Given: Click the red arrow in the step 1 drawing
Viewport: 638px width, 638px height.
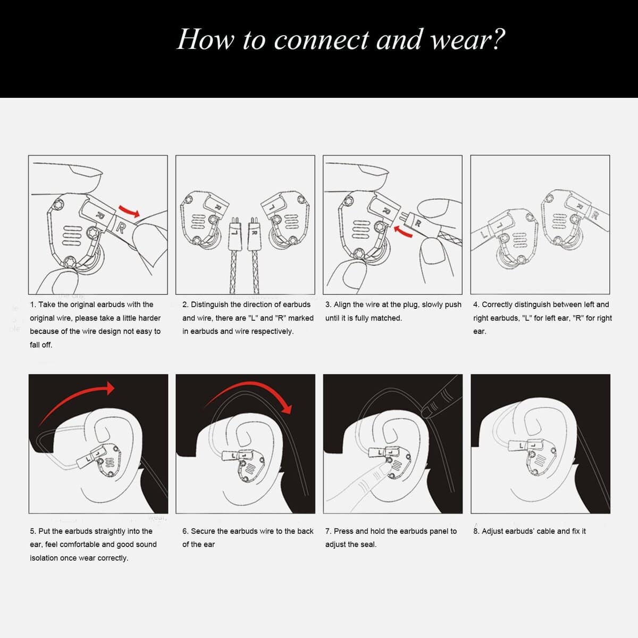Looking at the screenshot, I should tap(129, 211).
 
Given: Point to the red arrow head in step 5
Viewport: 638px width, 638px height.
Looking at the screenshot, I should tap(110, 388).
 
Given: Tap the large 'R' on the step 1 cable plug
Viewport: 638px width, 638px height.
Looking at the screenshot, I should tap(121, 228).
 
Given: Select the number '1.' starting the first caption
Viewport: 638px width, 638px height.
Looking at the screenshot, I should tap(33, 305).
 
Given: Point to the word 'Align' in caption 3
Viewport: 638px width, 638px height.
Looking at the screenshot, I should tap(342, 305).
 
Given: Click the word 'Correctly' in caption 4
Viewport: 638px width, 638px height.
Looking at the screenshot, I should tap(497, 305).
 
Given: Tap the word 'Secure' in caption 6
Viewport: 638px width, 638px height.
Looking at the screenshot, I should tap(203, 531).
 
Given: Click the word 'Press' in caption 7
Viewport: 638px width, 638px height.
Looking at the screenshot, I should tap(343, 531).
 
